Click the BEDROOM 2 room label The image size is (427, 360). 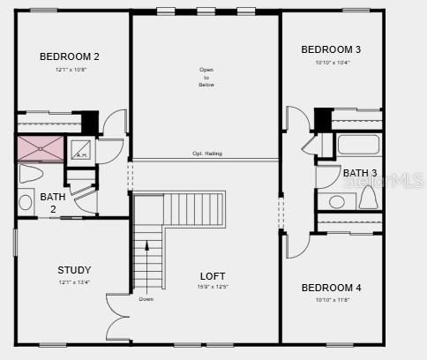pyautogui.click(x=70, y=56)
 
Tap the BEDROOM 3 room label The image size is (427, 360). pyautogui.click(x=331, y=49)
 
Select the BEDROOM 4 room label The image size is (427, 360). pyautogui.click(x=331, y=288)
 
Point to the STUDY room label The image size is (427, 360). pyautogui.click(x=74, y=270)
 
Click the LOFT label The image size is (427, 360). pyautogui.click(x=213, y=276)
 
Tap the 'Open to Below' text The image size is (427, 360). pyautogui.click(x=206, y=78)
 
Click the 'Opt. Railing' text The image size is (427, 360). pyautogui.click(x=207, y=154)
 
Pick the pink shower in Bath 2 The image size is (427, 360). pyautogui.click(x=41, y=148)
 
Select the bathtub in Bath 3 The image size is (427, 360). pyautogui.click(x=358, y=145)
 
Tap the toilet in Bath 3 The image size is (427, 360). pyautogui.click(x=368, y=199)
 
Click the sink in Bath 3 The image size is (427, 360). pyautogui.click(x=337, y=202)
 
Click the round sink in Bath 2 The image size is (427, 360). pyautogui.click(x=25, y=202)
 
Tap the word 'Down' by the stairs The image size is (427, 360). pyautogui.click(x=146, y=298)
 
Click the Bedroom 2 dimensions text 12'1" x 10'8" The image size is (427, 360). pyautogui.click(x=70, y=69)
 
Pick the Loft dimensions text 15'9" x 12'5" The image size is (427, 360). pyautogui.click(x=213, y=287)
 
